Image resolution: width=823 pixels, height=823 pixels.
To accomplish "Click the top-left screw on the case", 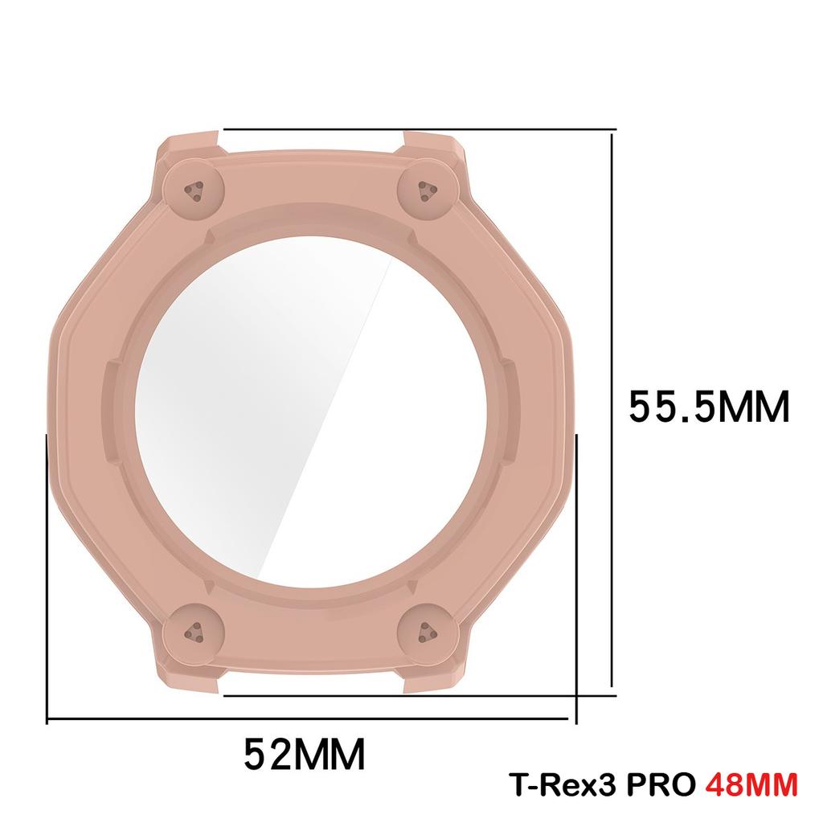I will click(x=194, y=190).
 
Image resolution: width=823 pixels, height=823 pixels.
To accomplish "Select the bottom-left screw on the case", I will click(x=194, y=633).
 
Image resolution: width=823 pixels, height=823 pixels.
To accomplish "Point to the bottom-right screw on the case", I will click(x=426, y=633).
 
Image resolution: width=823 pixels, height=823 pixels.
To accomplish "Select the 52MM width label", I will click(x=305, y=753).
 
